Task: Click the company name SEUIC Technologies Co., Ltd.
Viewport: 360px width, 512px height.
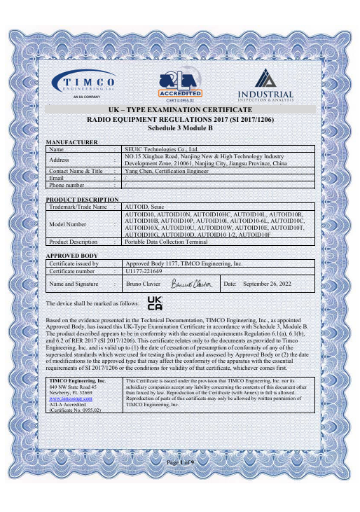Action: tap(162, 148)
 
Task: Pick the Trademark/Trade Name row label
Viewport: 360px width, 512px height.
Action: tap(77, 207)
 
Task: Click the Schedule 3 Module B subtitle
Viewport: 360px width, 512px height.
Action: tap(180, 129)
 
